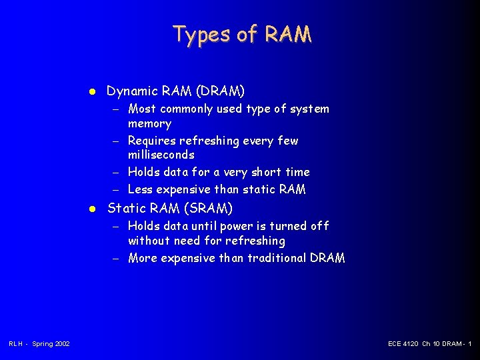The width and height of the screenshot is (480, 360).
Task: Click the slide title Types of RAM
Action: [x=241, y=33]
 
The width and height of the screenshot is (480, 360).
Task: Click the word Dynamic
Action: [x=132, y=91]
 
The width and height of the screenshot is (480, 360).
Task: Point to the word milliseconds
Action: [x=161, y=155]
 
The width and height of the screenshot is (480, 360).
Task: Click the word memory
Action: [x=149, y=123]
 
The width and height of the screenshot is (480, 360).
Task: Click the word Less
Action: [x=139, y=190]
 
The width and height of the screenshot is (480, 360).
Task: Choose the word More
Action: [x=141, y=258]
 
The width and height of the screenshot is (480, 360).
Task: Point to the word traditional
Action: [x=275, y=258]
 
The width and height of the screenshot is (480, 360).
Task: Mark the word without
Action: [x=149, y=241]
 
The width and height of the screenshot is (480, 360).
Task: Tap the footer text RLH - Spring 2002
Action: [x=39, y=343]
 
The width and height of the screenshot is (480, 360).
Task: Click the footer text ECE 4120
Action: [x=403, y=343]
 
